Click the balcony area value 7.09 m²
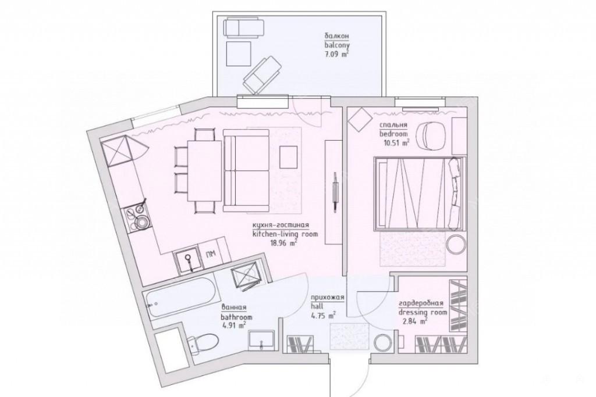(336, 54)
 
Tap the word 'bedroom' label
(393, 134)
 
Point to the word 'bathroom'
(236, 317)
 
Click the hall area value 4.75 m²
(323, 314)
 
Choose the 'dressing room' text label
(423, 312)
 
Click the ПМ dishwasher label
(209, 253)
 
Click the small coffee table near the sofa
(289, 157)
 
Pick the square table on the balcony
(239, 54)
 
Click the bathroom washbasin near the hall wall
(262, 339)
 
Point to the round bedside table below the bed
(456, 244)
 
